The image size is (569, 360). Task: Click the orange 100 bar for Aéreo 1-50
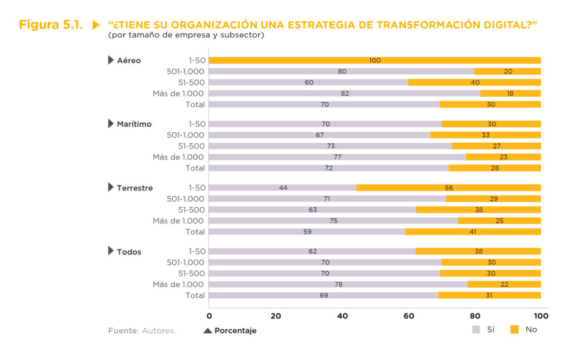(375, 60)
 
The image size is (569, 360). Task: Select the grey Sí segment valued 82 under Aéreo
(345, 93)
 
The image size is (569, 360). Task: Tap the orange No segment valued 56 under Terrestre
(448, 188)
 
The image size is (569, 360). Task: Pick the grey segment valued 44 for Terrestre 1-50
(283, 188)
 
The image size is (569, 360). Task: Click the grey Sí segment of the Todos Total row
(323, 295)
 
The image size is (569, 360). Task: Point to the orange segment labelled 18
(510, 93)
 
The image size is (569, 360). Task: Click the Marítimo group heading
(134, 124)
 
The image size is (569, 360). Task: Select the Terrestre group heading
(134, 188)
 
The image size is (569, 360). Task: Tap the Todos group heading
(129, 252)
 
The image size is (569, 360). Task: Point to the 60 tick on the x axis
(408, 316)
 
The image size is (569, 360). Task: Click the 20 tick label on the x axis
(276, 316)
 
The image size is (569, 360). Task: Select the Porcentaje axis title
(235, 331)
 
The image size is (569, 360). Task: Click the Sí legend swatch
(476, 329)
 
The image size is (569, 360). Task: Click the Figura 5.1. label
(51, 25)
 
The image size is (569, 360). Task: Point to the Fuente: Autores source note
(142, 331)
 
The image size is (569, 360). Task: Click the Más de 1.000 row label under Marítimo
(178, 157)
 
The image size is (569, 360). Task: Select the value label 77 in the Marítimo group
(337, 157)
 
